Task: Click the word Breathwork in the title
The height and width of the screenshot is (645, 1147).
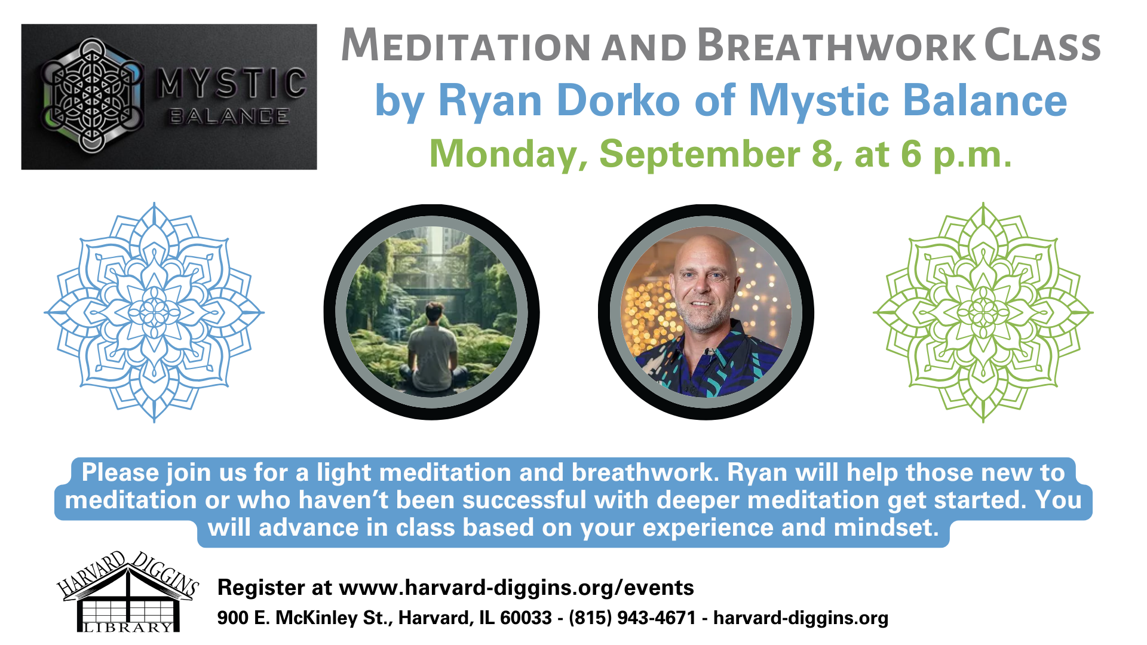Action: (x=836, y=46)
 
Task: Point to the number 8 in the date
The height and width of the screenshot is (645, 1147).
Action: (x=822, y=153)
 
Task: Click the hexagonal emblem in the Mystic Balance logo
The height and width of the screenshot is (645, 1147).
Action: (x=91, y=96)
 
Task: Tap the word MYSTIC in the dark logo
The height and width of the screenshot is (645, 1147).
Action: (x=232, y=83)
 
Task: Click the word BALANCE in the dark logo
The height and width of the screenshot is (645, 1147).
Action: (x=229, y=116)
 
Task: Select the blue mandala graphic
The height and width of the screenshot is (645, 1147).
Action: (x=154, y=312)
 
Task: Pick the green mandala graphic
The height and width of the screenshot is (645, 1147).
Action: (x=983, y=312)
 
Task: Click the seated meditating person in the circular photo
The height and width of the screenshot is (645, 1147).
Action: (x=434, y=349)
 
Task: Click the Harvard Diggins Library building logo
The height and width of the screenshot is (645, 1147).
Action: (x=128, y=591)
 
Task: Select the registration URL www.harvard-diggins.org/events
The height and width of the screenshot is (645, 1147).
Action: (x=516, y=588)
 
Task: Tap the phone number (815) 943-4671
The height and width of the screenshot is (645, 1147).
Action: (x=633, y=618)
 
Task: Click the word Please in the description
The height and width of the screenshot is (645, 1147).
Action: (x=121, y=472)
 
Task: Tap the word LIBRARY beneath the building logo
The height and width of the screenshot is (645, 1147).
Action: (x=128, y=628)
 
